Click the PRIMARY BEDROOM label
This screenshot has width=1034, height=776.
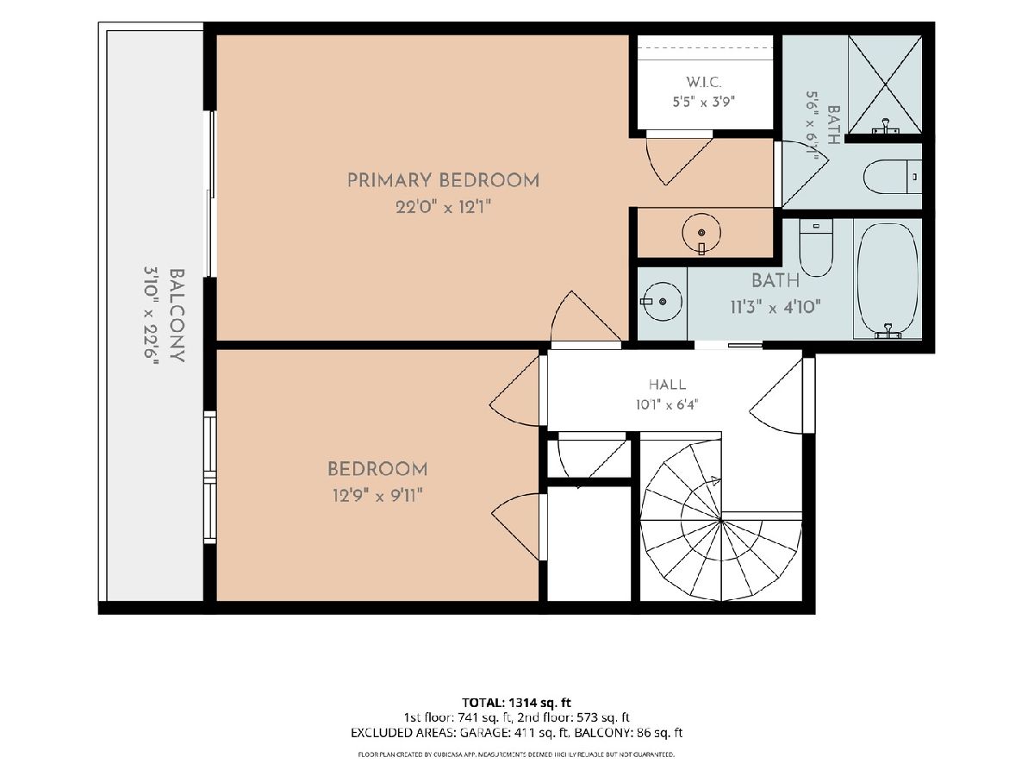tap(443, 180)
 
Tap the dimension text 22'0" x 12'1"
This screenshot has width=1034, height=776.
tap(443, 207)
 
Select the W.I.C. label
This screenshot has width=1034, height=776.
tap(704, 83)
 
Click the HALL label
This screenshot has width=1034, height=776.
tap(667, 385)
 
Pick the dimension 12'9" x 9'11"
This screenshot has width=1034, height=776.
tap(377, 495)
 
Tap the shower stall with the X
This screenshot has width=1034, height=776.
tap(885, 84)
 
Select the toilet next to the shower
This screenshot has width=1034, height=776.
tap(892, 177)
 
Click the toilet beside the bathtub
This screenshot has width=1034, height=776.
tap(816, 247)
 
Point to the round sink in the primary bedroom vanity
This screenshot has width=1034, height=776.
tap(701, 232)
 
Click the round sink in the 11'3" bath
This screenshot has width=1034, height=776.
tap(663, 302)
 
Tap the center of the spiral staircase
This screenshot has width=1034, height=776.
tap(720, 520)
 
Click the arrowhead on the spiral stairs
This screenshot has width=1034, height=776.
tap(715, 481)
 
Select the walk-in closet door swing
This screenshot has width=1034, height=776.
tap(678, 160)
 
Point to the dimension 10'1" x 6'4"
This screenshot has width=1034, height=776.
tap(667, 404)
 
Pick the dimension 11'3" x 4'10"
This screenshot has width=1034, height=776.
tap(775, 307)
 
